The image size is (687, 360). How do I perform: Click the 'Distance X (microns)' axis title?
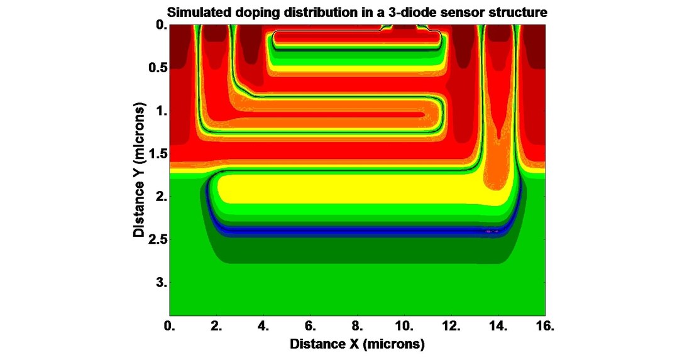[357, 345]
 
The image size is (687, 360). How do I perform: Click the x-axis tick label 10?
[404, 327]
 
